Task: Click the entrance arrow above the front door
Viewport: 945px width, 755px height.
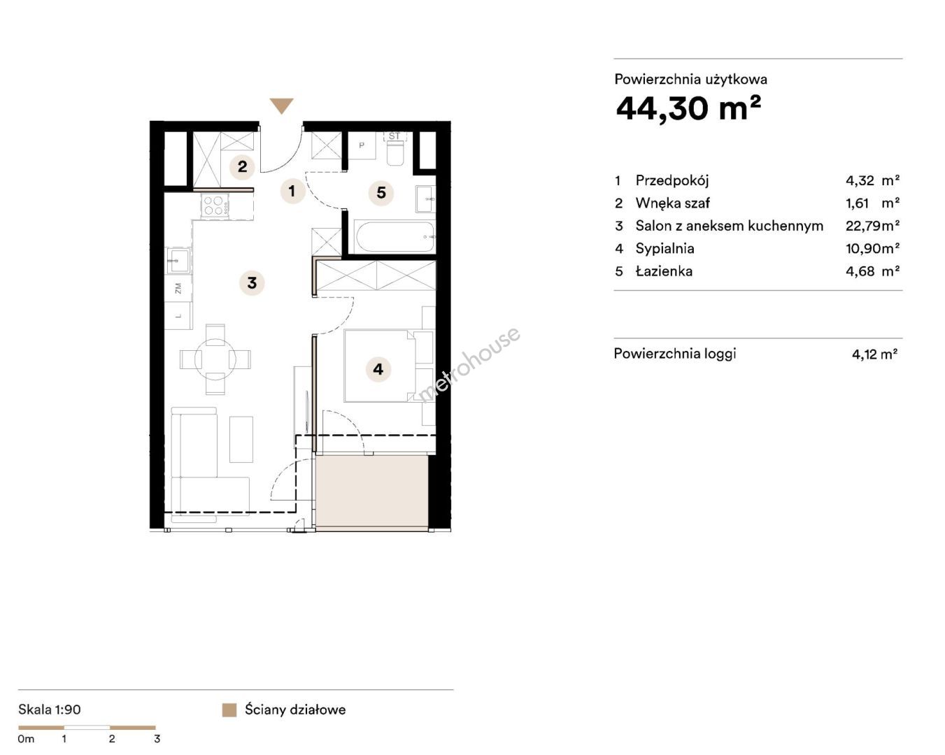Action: click(x=281, y=106)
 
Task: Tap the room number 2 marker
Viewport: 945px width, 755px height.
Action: click(x=243, y=167)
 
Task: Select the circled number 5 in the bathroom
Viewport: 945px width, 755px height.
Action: click(x=381, y=192)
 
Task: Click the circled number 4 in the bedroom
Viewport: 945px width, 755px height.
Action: click(x=378, y=369)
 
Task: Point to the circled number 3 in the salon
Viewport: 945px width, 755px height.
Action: click(x=252, y=282)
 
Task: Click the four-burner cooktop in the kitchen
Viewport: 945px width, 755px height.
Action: click(x=215, y=206)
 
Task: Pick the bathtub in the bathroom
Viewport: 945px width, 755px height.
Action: click(x=395, y=237)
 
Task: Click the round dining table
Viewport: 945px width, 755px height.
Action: click(x=215, y=359)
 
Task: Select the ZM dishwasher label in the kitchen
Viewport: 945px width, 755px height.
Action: click(x=178, y=289)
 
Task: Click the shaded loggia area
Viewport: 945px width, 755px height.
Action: click(x=372, y=493)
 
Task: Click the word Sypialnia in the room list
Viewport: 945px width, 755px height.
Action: click(x=665, y=248)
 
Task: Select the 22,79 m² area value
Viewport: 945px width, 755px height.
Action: click(x=872, y=226)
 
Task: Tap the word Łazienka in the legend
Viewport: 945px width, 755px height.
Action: click(x=664, y=271)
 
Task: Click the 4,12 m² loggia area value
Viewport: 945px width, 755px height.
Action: click(x=874, y=354)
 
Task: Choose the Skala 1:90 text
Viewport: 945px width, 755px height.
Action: click(x=50, y=710)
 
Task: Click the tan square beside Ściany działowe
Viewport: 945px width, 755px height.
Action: click(x=229, y=710)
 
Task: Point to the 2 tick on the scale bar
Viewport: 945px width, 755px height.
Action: click(x=112, y=739)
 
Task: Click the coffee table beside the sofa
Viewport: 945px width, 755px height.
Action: click(x=241, y=439)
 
